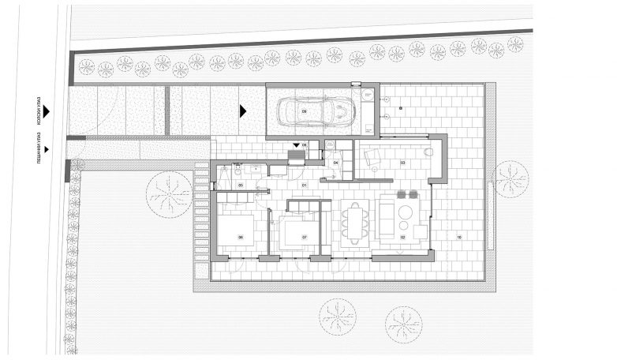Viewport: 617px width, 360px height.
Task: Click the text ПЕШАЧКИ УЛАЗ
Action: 39,148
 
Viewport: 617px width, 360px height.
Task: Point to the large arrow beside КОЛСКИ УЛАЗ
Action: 47,113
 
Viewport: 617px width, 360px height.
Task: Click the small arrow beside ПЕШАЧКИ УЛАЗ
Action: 47,148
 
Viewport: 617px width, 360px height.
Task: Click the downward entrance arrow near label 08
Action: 297,145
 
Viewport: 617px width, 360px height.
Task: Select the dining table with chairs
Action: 354,218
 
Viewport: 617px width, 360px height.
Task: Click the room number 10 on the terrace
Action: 459,236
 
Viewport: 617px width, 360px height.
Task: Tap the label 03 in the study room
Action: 402,163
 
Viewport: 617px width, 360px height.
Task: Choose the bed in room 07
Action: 297,231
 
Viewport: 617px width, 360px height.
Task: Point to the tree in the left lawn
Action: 170,193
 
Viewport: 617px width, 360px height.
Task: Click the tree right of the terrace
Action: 509,178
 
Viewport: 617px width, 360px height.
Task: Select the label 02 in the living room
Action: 402,236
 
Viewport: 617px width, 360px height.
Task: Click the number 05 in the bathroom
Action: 241,186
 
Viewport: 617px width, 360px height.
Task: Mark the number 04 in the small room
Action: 336,163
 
